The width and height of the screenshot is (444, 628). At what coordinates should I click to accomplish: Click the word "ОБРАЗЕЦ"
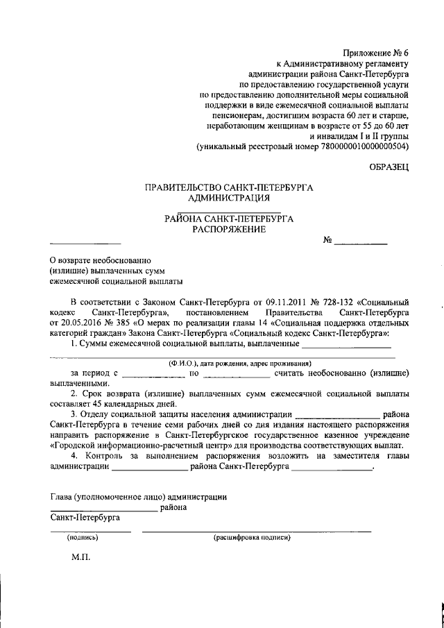tap(389, 166)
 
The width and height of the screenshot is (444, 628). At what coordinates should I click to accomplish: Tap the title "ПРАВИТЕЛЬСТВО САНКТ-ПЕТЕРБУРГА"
tap(229, 187)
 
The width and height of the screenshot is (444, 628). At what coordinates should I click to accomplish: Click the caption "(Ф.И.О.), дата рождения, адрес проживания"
tap(240, 363)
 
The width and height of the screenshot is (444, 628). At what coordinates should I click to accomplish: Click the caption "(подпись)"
tap(83, 537)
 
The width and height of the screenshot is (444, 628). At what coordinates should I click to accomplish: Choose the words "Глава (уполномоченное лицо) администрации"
tap(139, 496)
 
